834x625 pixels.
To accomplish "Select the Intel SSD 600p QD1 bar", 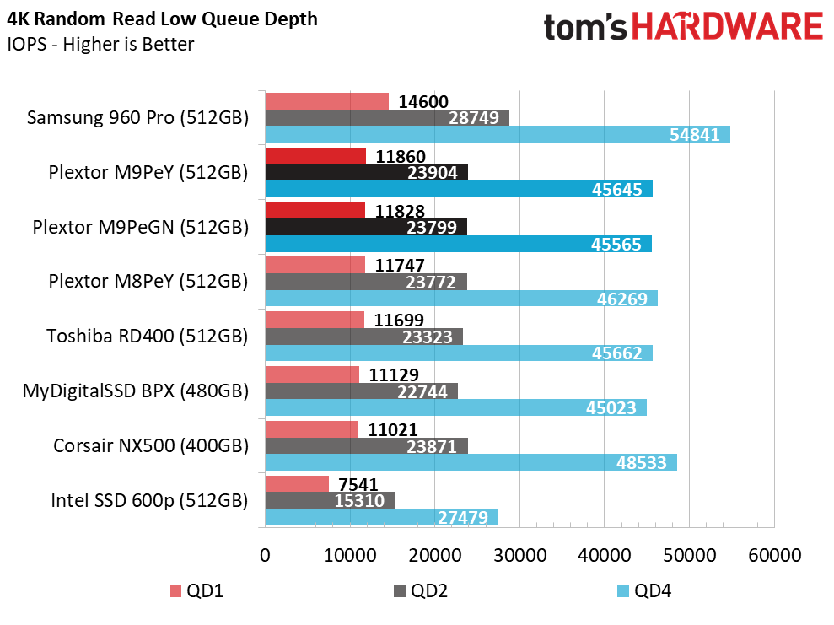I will [x=297, y=484].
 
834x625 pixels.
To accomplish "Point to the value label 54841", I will [x=697, y=135].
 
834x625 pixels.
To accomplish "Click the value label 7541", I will [x=358, y=485].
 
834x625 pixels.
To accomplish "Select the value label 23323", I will [x=428, y=337].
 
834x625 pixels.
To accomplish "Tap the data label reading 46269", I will [x=625, y=299].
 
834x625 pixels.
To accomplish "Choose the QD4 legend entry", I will [x=644, y=590].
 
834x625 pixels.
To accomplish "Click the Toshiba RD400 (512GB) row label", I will [x=148, y=336].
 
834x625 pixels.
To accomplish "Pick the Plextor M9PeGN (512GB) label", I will [x=140, y=227].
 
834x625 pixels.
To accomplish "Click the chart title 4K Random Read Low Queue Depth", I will [x=163, y=19].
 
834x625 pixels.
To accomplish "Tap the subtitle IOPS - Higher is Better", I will [x=100, y=44].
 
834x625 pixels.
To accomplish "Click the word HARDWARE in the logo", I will [x=729, y=27].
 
